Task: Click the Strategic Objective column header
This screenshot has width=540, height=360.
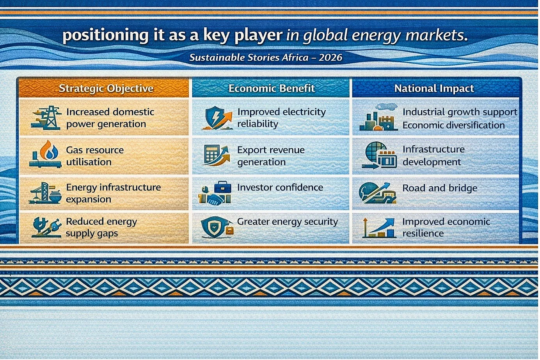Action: click(106, 88)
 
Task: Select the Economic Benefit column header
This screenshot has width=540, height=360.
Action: click(272, 88)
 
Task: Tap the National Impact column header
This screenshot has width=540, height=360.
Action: click(434, 88)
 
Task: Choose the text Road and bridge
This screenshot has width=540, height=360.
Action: click(440, 188)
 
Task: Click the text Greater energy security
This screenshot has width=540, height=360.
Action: click(287, 222)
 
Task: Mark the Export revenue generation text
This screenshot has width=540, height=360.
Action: click(271, 156)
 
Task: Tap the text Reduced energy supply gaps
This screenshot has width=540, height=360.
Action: click(101, 227)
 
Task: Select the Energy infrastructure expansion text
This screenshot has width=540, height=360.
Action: click(113, 193)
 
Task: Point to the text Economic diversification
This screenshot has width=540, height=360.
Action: click(453, 125)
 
